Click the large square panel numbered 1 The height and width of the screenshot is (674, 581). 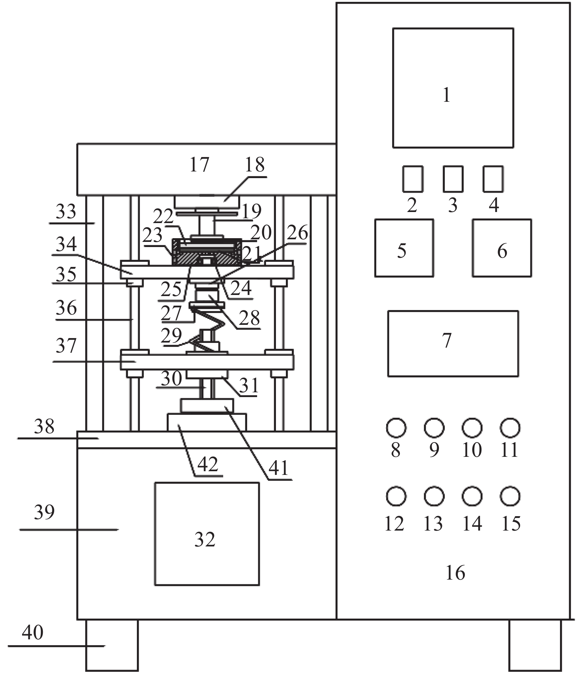click(x=453, y=88)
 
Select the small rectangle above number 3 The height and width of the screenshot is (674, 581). click(x=453, y=179)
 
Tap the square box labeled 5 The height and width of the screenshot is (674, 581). click(x=404, y=248)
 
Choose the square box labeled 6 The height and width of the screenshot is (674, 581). click(x=502, y=248)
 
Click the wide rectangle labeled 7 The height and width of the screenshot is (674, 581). click(x=453, y=344)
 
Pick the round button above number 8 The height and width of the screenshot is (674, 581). click(x=396, y=428)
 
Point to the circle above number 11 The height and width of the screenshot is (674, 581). click(x=510, y=428)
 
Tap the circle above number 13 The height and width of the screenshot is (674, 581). click(x=434, y=496)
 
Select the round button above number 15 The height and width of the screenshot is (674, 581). click(x=510, y=496)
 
